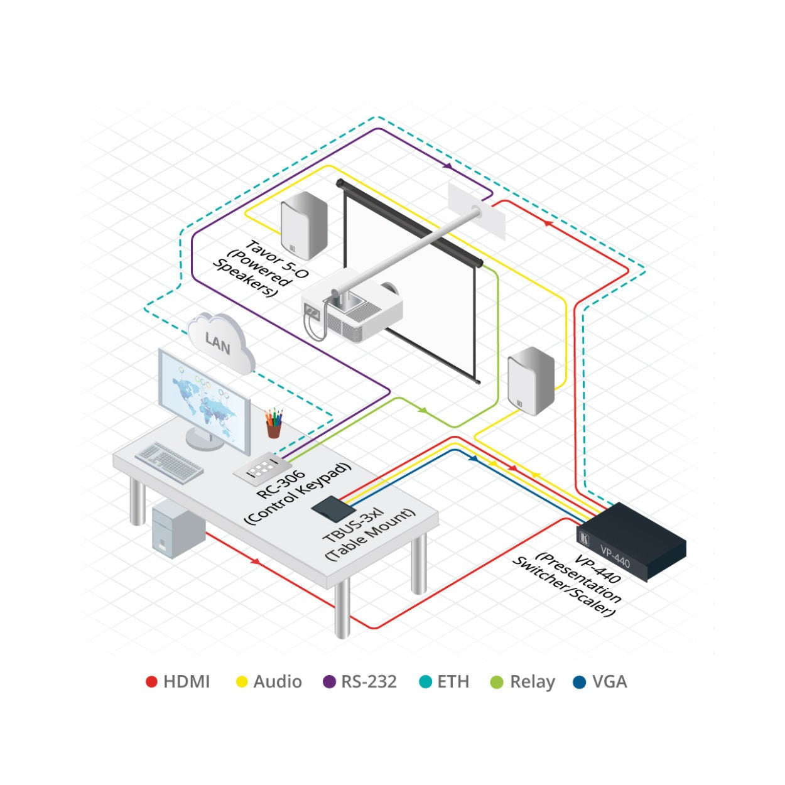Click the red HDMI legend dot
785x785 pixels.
pos(151,681)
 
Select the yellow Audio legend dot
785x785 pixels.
pos(242,681)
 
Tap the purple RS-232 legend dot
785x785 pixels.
pos(329,681)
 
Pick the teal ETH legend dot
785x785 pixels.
pos(425,681)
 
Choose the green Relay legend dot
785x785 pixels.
pos(497,681)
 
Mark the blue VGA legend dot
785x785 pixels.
pos(579,681)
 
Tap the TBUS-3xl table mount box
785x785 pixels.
pos(330,509)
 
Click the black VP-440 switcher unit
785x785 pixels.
pos(631,541)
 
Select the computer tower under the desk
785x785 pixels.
pos(178,530)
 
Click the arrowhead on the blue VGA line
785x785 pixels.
pos(474,458)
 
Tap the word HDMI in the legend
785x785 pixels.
pos(187,681)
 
